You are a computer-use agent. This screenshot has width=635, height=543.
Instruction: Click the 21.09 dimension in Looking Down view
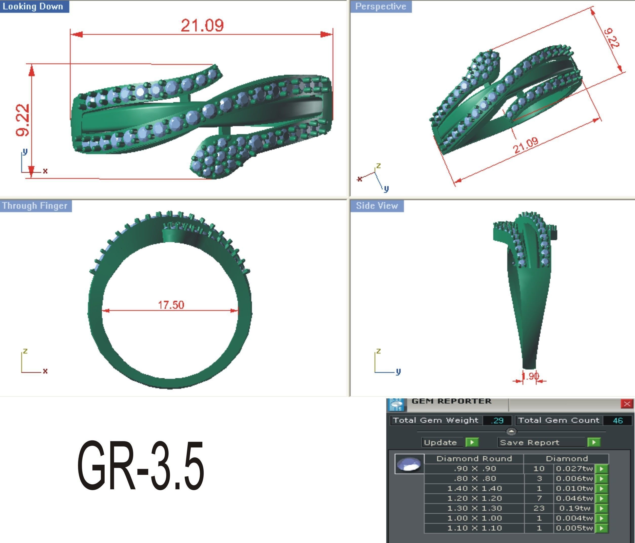point(202,25)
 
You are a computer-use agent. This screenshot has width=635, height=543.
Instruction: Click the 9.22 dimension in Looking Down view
point(23,120)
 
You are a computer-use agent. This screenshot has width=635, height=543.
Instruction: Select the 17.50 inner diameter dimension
point(171,305)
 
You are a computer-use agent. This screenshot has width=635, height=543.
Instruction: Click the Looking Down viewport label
point(33,6)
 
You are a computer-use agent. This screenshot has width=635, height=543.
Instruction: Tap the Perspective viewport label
point(380,6)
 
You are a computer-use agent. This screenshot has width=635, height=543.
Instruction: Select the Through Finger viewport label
point(35,206)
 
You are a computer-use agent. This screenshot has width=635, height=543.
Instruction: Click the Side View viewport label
point(377,206)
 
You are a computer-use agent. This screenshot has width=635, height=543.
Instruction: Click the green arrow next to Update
point(472,442)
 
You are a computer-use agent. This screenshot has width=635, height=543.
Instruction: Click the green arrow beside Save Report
point(594,442)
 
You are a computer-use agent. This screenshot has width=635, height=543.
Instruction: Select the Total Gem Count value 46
point(618,420)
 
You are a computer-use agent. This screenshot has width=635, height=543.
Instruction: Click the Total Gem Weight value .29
point(497,420)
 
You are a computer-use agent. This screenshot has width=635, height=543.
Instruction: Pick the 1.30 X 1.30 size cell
point(474,508)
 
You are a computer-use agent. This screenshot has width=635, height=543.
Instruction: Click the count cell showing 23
point(539,508)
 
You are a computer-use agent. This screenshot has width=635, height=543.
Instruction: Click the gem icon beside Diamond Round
point(409,464)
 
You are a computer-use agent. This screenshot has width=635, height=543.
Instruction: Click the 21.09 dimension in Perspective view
point(525,146)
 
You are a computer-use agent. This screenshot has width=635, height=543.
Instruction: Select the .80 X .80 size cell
point(474,479)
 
